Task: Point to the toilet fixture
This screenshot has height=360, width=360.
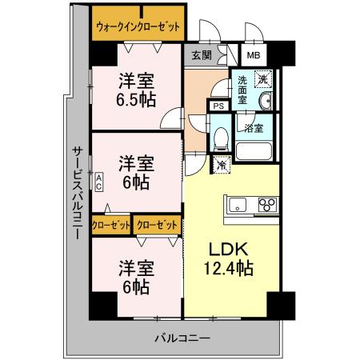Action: pos(220,138)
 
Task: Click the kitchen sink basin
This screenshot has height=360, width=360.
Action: pos(238,205)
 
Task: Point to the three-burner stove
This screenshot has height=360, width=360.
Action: pos(266,205)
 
